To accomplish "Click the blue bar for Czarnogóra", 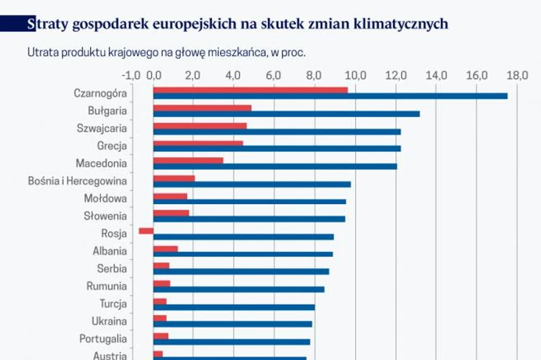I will [330, 96].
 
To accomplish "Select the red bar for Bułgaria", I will [202, 107].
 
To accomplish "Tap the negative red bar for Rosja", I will [146, 230].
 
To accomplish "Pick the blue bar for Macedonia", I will [275, 166].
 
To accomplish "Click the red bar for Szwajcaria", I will [200, 125].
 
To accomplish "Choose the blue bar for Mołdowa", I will [249, 201].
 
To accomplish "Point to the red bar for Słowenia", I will [171, 213].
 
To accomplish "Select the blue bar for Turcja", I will [234, 307].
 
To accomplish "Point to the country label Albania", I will [110, 251].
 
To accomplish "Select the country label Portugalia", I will [103, 339].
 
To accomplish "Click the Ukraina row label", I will [109, 321].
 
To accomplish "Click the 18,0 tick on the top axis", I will [517, 75].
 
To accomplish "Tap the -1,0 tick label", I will [132, 75].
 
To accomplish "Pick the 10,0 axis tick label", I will [355, 75].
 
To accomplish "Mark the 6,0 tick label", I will [274, 75].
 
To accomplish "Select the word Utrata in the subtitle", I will [42, 52].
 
